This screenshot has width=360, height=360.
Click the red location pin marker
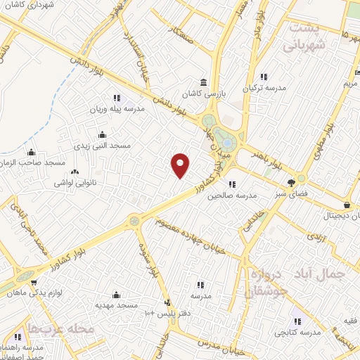(x=181, y=165)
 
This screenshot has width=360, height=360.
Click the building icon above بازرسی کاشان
(x=203, y=82)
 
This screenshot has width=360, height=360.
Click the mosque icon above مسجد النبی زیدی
(x=103, y=135)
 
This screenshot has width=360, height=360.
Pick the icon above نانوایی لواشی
(x=76, y=171)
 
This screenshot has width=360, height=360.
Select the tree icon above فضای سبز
(x=291, y=183)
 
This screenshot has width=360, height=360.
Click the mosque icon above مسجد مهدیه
(x=116, y=295)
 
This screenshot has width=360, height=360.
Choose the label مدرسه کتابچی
(x=296, y=330)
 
